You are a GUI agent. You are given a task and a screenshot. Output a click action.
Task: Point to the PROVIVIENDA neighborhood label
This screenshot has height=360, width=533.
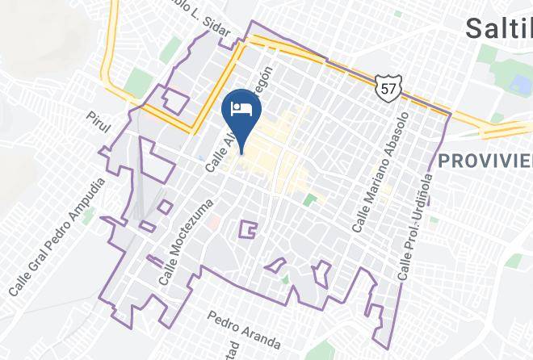pyautogui.click(x=485, y=161)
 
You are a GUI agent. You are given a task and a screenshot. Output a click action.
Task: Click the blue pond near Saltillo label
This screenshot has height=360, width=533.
pyautogui.click(x=514, y=85)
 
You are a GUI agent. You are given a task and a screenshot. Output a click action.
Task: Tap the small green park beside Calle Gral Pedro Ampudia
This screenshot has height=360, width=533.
pyautogui.click(x=87, y=216)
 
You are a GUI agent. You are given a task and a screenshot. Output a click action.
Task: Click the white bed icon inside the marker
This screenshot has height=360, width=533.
pyautogui.click(x=240, y=107)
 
